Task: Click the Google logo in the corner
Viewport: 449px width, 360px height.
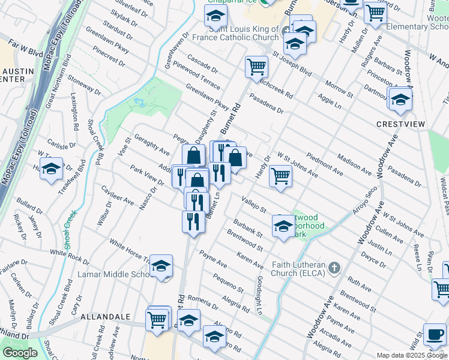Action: pos(20,353)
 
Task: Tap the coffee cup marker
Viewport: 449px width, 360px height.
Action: pos(435,335)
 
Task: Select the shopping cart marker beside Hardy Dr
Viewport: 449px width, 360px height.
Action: pos(280,177)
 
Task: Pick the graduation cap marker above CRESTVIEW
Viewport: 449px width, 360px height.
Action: pos(400,99)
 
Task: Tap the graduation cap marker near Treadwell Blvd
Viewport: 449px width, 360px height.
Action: pos(52,170)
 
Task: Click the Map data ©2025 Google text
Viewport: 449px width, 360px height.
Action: pos(411,355)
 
